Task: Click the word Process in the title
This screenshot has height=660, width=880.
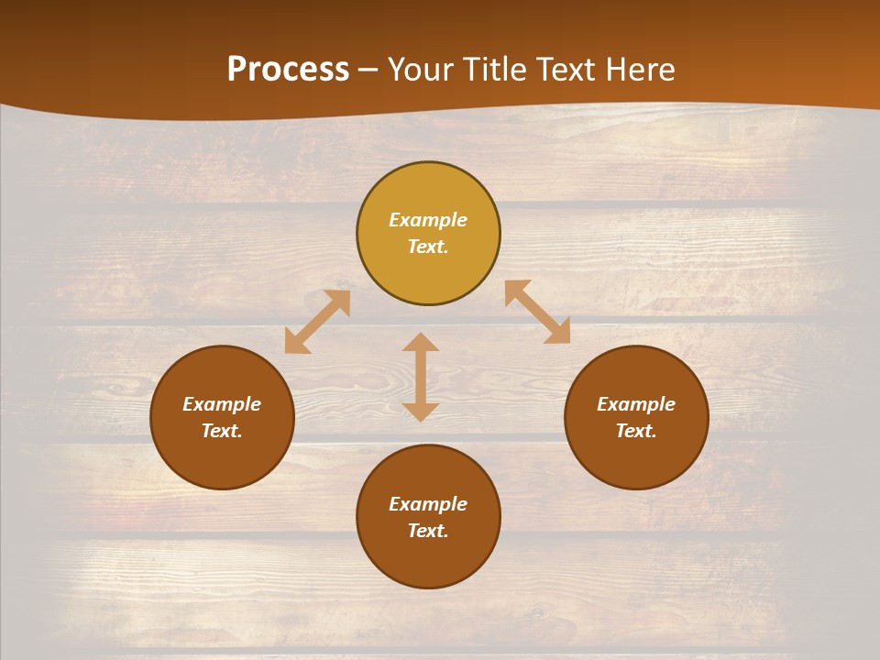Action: pyautogui.click(x=288, y=70)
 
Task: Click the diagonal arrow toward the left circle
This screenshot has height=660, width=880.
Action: pyautogui.click(x=317, y=322)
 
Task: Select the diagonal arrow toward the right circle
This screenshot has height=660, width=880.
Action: pyautogui.click(x=537, y=312)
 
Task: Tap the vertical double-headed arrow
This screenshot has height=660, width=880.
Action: pyautogui.click(x=421, y=377)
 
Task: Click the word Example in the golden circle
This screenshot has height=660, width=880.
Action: pyautogui.click(x=428, y=220)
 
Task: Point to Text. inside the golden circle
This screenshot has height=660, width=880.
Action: pyautogui.click(x=428, y=247)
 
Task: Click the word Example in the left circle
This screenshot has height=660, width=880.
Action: pyautogui.click(x=222, y=404)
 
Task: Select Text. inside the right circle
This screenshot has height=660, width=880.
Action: pyautogui.click(x=636, y=431)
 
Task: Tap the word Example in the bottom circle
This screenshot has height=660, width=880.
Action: pyautogui.click(x=428, y=504)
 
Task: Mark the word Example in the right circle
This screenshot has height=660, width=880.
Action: pyautogui.click(x=636, y=404)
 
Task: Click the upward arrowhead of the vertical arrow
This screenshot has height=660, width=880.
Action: pyautogui.click(x=421, y=342)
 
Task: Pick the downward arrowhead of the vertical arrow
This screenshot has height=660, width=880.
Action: pyautogui.click(x=421, y=412)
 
